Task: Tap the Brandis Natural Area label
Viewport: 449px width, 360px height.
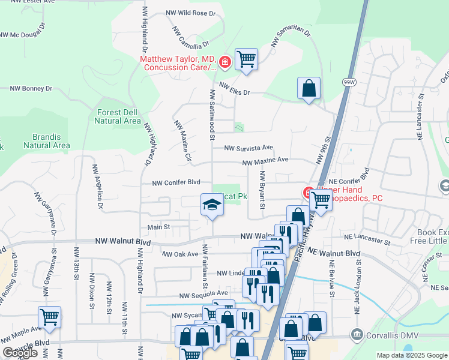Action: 47,141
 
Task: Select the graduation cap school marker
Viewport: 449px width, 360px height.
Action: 211,205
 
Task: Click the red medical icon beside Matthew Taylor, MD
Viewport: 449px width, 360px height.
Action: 225,61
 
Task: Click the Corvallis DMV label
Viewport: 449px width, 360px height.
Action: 387,334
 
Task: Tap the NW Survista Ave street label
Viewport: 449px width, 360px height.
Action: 249,148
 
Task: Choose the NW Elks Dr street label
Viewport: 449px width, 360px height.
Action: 234,89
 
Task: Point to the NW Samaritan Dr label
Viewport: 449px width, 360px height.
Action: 291,37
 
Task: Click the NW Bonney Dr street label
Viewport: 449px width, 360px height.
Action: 31,88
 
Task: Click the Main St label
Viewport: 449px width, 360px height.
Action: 159,227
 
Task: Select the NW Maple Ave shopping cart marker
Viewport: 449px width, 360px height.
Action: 49,316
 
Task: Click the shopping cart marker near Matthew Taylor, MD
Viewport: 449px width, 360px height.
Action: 246,59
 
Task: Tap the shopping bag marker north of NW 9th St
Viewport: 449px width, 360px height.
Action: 309,88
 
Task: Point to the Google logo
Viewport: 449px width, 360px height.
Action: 20,353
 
